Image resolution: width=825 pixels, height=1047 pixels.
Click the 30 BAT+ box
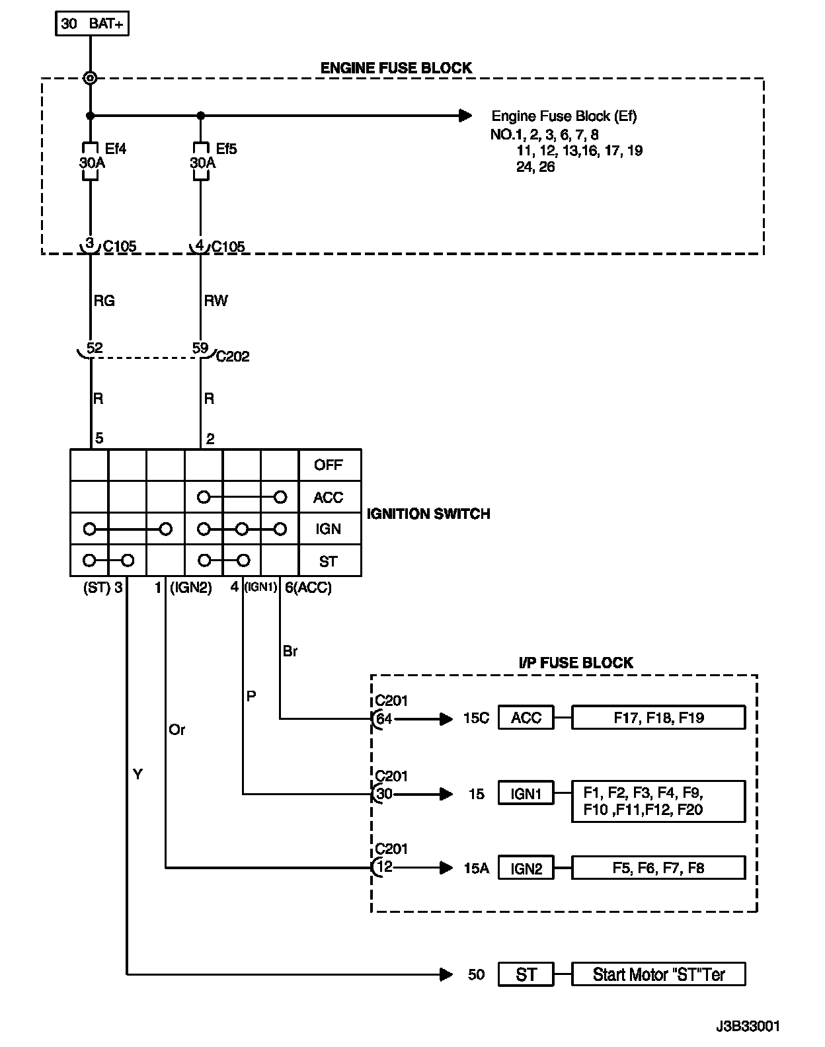91,24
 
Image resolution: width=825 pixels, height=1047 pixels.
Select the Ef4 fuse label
115,149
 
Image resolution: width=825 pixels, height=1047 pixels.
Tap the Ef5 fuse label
225,149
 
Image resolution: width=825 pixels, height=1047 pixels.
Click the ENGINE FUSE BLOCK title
396,68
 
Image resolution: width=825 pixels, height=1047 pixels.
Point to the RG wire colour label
104,301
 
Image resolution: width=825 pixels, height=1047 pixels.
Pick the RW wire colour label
216,301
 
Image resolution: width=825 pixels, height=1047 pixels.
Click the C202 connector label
233,357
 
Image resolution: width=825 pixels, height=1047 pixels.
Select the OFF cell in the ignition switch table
329,465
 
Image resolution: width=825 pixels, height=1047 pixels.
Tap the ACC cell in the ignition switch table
329,497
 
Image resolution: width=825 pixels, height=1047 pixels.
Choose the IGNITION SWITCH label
428,514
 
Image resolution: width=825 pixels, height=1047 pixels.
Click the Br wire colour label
290,651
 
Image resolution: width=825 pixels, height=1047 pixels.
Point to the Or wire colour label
177,730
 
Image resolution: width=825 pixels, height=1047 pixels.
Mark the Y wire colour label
137,774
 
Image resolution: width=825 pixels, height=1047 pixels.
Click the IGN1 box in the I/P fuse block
526,794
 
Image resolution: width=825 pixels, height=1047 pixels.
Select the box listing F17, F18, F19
658,718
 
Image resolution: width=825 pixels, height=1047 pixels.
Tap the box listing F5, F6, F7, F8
658,868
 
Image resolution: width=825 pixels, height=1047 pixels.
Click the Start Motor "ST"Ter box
658,974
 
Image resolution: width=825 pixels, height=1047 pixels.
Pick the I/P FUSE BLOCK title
576,663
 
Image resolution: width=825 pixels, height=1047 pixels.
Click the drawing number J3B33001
748,1027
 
